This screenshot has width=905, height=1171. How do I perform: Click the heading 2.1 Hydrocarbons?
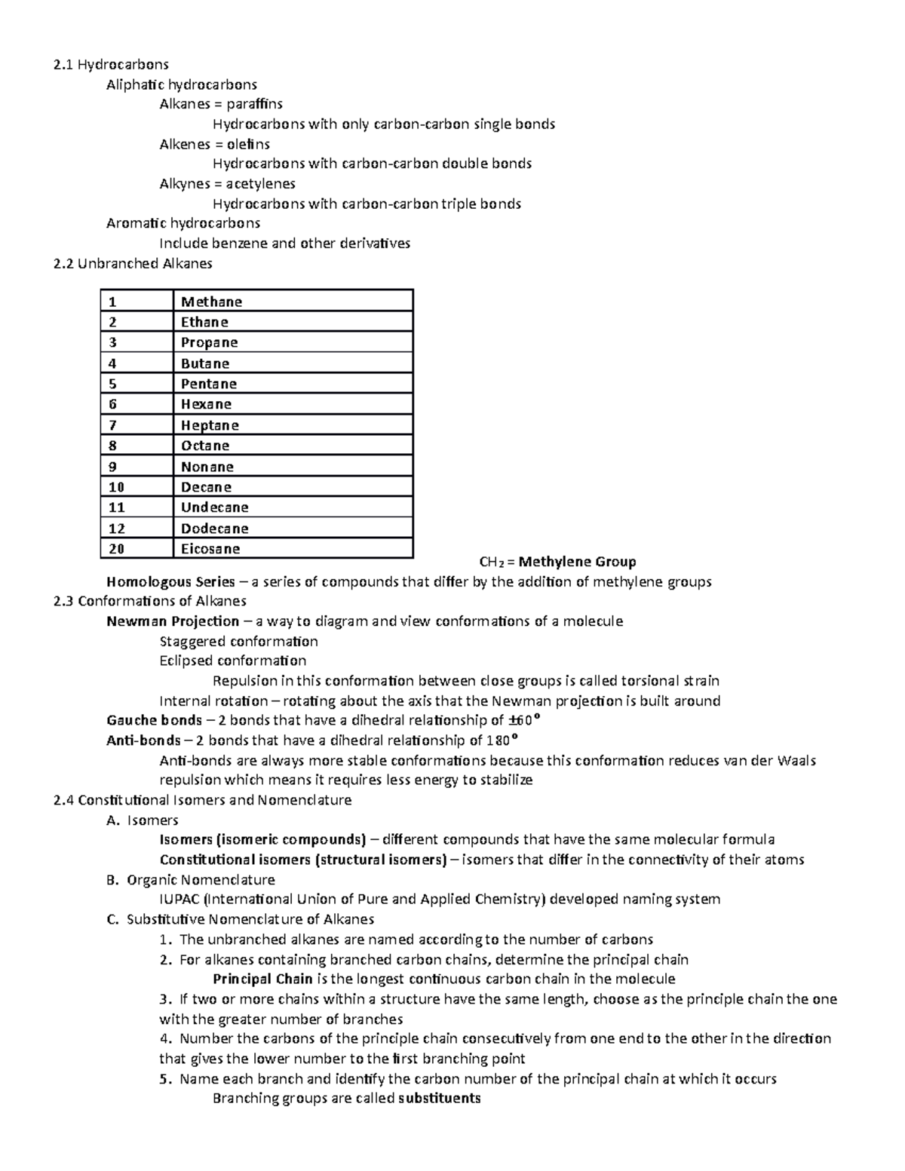111,64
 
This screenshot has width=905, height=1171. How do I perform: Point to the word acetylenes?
260,183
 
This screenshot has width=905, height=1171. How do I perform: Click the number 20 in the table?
116,548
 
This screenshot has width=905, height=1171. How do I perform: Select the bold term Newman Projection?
173,621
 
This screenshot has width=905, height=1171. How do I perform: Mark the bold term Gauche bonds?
154,720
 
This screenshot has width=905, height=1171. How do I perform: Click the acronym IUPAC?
179,899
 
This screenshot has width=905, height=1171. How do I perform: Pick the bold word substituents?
440,1098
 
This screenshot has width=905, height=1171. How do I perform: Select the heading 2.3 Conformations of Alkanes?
150,601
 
